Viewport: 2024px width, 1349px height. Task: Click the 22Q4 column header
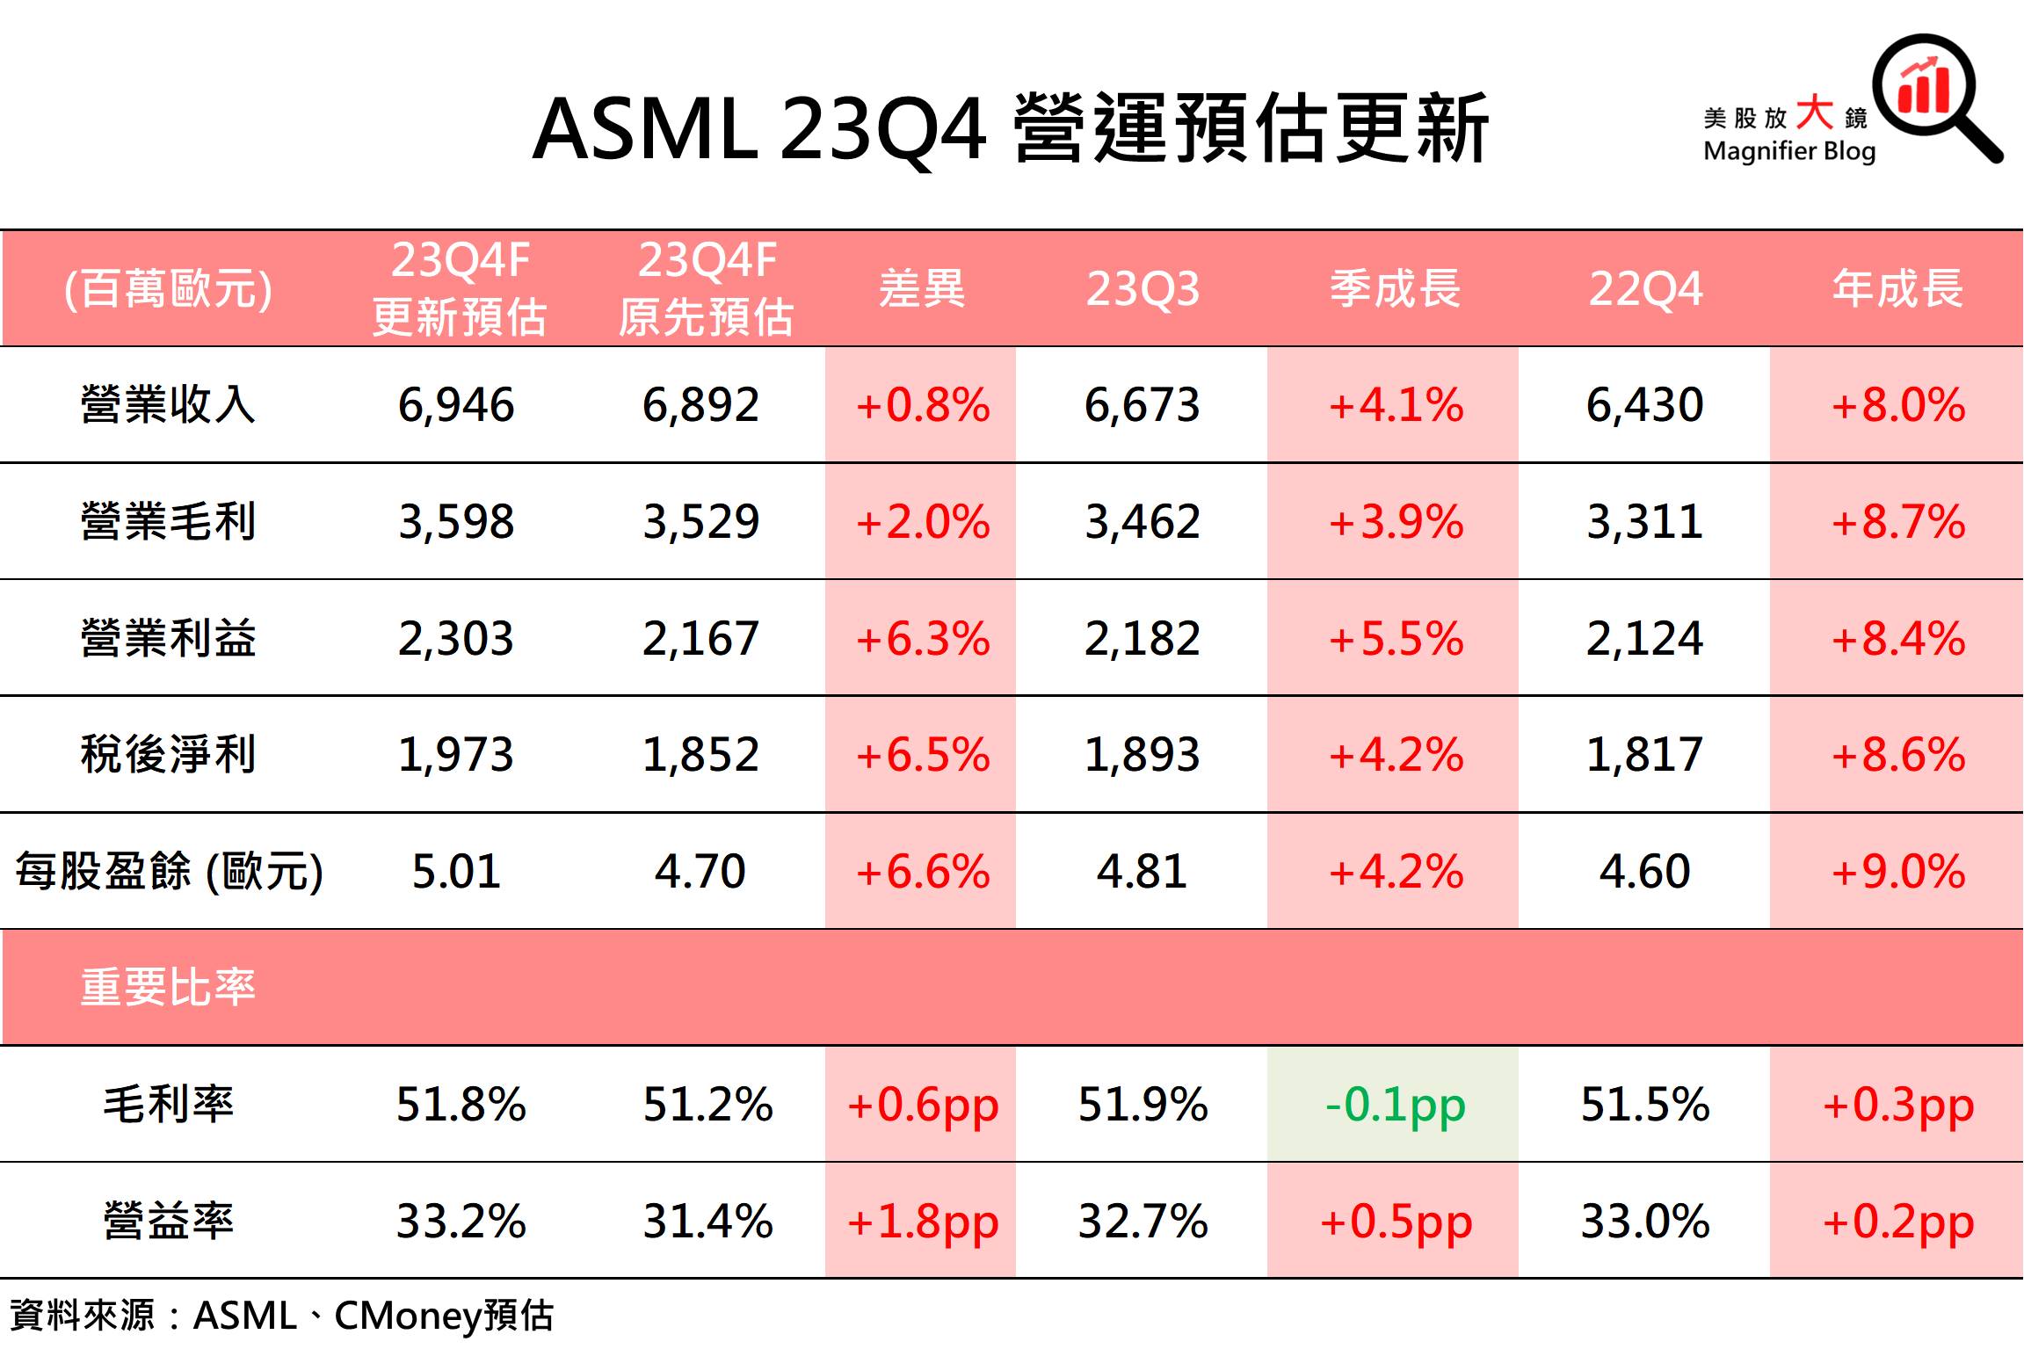click(x=1644, y=289)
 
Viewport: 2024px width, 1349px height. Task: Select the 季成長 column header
click(x=1394, y=289)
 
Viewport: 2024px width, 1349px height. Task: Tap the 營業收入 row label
click(x=168, y=405)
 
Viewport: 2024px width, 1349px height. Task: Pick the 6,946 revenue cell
click(x=456, y=405)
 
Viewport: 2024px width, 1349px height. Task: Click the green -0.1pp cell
click(x=1394, y=1105)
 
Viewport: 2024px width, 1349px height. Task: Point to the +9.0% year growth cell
click(x=1897, y=872)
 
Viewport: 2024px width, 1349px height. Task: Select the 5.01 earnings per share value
click(x=456, y=872)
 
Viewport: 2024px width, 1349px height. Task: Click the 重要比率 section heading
click(x=168, y=987)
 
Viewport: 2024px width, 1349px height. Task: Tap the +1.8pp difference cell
click(x=922, y=1222)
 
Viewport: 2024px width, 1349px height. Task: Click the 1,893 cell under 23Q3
click(x=1142, y=755)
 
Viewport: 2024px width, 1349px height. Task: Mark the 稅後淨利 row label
click(x=168, y=755)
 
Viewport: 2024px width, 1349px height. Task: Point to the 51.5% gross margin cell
click(x=1644, y=1105)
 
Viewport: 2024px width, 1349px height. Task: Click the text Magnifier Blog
click(x=1789, y=151)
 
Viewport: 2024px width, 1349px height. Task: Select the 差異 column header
click(x=922, y=289)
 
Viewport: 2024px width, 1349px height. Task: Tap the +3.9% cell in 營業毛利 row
click(x=1394, y=522)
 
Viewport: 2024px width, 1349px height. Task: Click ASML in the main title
click(x=645, y=130)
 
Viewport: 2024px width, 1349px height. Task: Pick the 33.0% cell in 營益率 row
click(x=1644, y=1222)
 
